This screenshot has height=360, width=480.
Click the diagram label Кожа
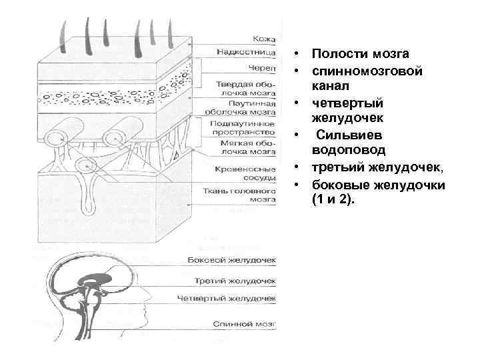(x=265, y=39)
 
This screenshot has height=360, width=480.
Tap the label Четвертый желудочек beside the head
(x=227, y=300)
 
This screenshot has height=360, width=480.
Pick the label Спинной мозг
(x=244, y=324)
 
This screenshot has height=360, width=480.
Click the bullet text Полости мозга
(x=360, y=53)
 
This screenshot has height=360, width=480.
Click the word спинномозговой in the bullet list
(x=367, y=70)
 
